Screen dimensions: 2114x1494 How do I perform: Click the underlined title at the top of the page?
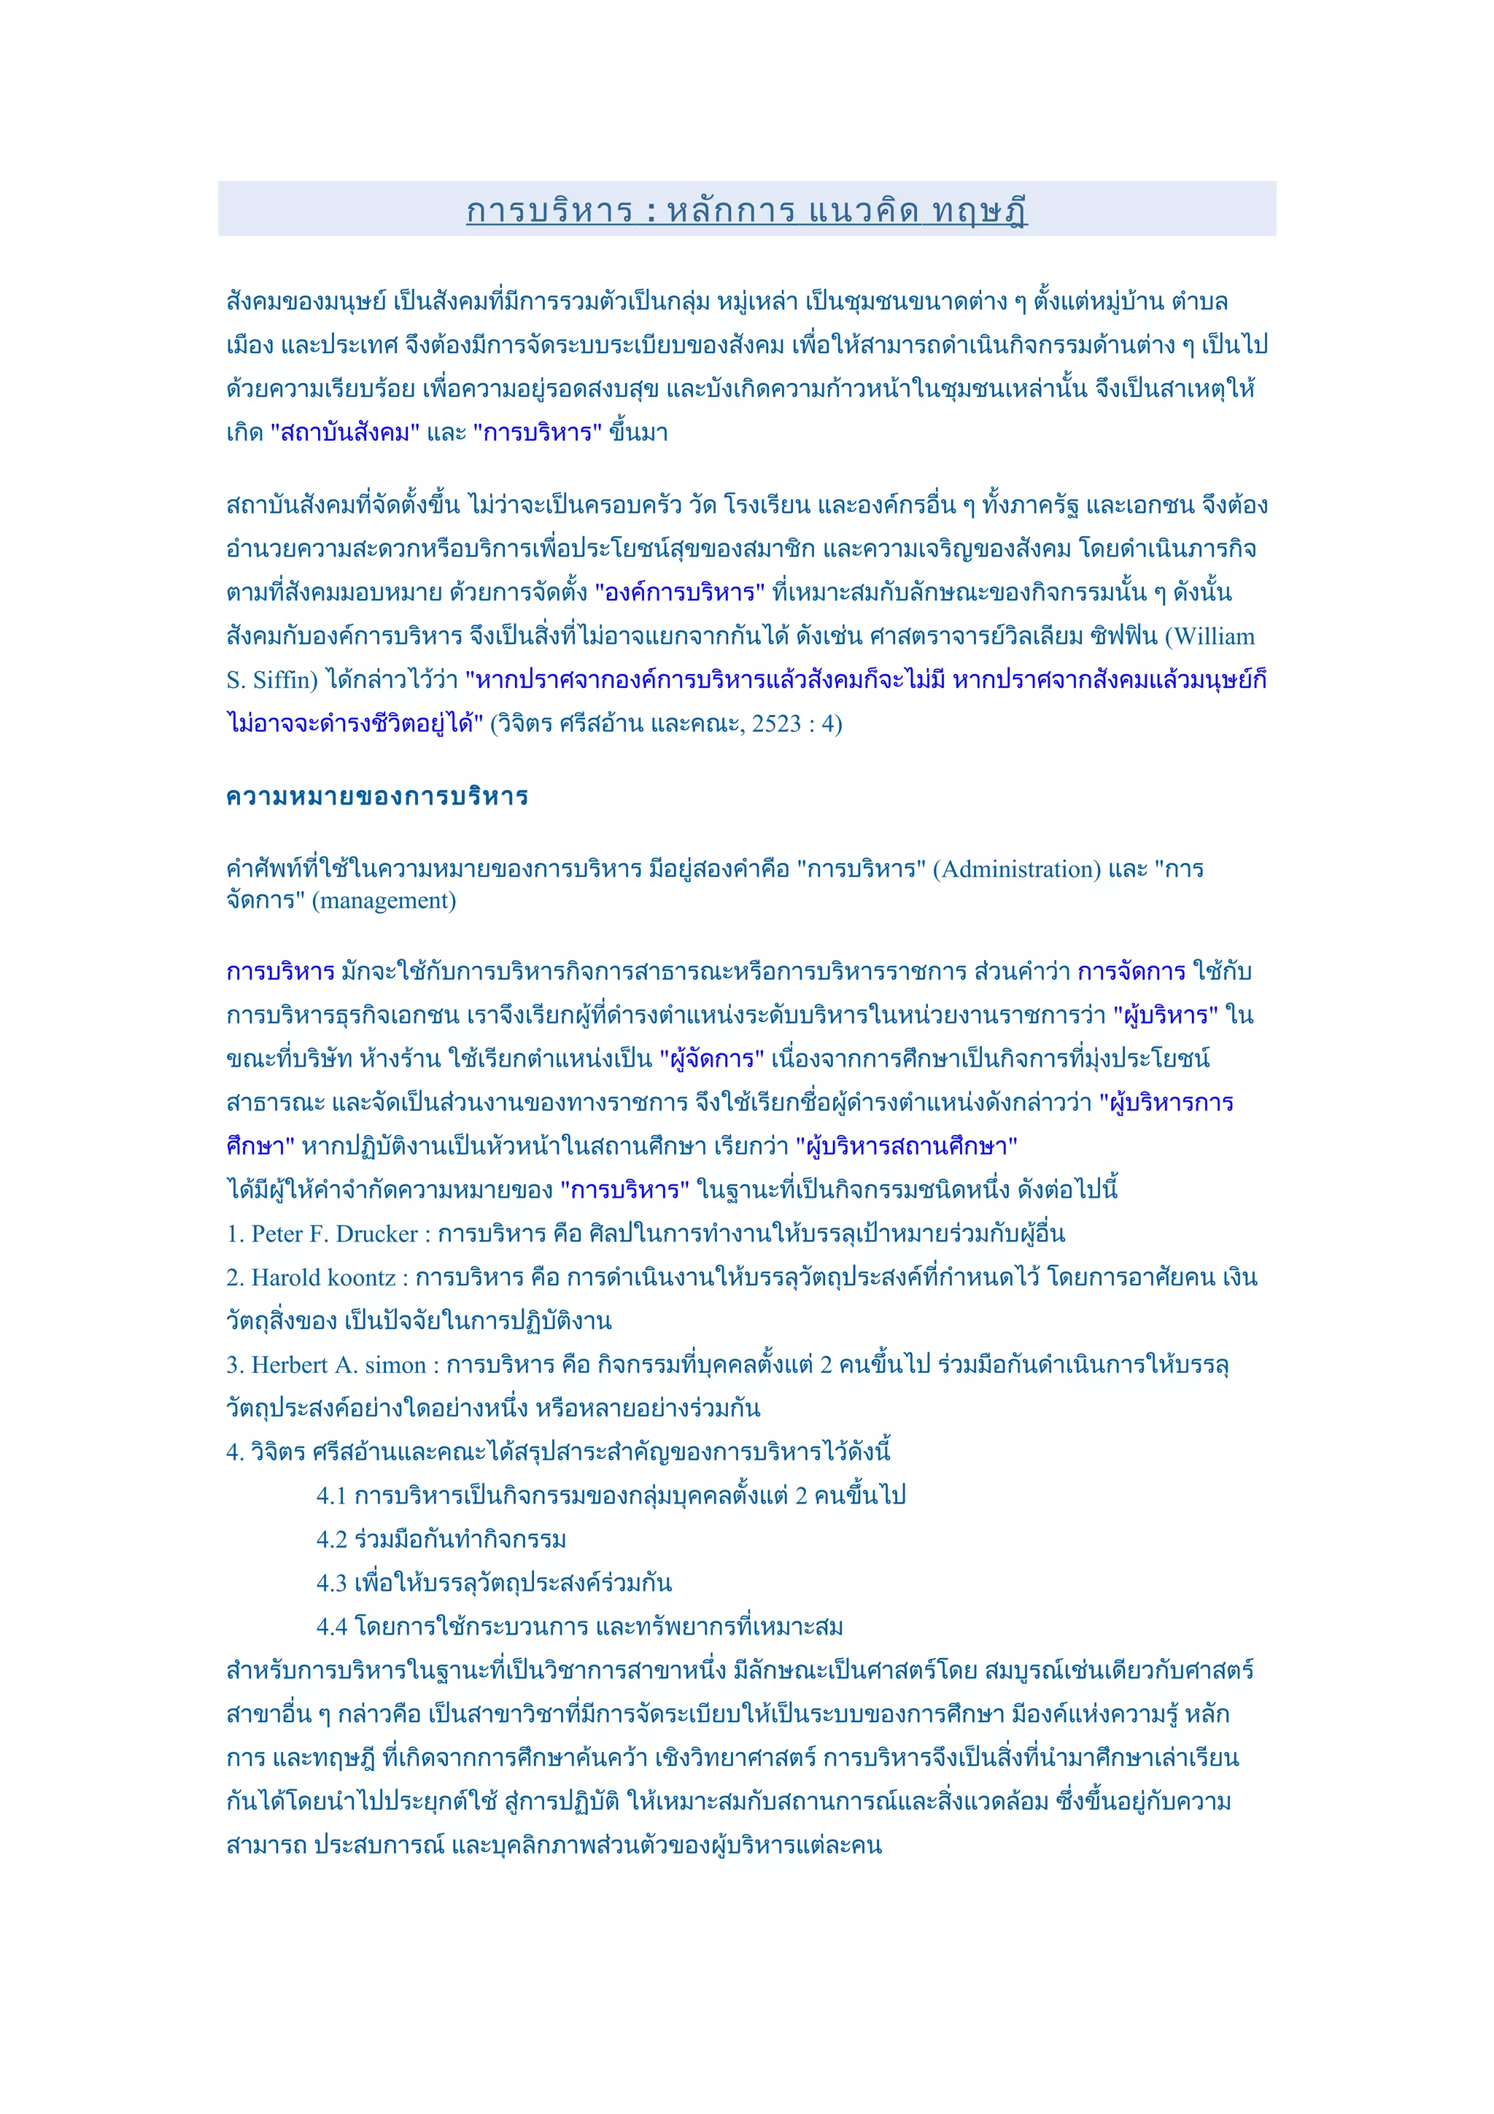click(x=746, y=211)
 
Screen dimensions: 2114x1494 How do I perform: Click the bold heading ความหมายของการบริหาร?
click(x=376, y=797)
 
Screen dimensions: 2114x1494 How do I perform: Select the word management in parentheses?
click(x=384, y=900)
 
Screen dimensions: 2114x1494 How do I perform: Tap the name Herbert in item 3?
click(x=289, y=1366)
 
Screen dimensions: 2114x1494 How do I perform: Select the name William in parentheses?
click(x=1214, y=637)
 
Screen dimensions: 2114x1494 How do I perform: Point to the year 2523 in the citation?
click(x=776, y=724)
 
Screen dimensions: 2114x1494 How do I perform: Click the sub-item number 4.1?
click(x=331, y=1496)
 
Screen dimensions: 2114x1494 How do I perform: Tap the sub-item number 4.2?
click(x=331, y=1539)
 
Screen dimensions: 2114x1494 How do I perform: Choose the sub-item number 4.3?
click(x=331, y=1584)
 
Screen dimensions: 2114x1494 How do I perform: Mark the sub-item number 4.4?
click(x=331, y=1627)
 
